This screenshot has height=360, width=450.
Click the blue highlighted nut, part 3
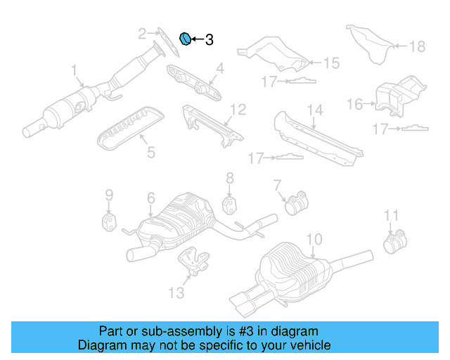pyautogui.click(x=186, y=39)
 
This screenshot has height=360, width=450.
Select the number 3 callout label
pyautogui.click(x=209, y=40)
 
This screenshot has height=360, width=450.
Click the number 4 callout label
pyautogui.click(x=219, y=68)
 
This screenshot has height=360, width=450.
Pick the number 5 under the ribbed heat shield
pyautogui.click(x=150, y=151)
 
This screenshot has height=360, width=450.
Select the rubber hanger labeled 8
pyautogui.click(x=230, y=204)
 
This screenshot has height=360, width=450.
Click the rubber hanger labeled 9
pyautogui.click(x=109, y=223)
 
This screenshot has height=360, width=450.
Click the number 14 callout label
pyautogui.click(x=314, y=110)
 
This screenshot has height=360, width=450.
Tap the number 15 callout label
pyautogui.click(x=330, y=63)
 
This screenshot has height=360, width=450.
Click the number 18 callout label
pyautogui.click(x=418, y=47)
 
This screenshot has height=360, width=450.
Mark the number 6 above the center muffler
pyautogui.click(x=150, y=200)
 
